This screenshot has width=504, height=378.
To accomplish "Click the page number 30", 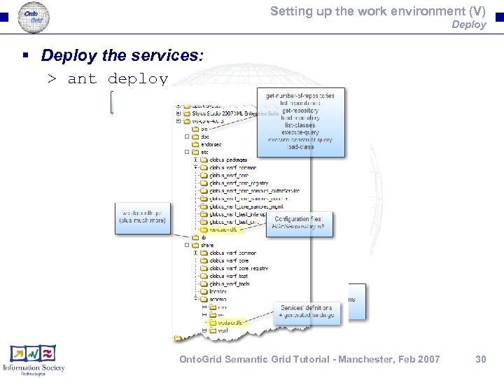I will [x=481, y=359].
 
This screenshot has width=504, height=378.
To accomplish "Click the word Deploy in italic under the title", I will [x=468, y=24].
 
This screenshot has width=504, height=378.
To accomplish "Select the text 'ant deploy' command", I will [x=118, y=78].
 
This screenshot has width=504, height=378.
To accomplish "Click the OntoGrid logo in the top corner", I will [x=34, y=15].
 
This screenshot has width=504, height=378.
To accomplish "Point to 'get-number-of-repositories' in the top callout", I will [x=300, y=95].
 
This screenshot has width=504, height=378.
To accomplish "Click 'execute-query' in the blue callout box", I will [x=300, y=132].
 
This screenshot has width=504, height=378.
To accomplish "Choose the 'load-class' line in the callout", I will [x=300, y=147].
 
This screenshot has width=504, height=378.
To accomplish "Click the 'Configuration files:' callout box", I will [x=303, y=223].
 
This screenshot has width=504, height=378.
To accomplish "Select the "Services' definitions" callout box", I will [x=308, y=311].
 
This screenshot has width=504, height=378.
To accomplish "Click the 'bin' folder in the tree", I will [x=204, y=129].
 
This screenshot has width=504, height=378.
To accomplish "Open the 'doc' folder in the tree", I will [x=205, y=136].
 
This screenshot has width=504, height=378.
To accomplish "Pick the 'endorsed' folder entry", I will [x=211, y=144].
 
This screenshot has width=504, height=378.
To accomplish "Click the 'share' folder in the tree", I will [x=207, y=245].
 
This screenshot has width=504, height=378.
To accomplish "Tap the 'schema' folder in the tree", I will [x=213, y=299].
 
